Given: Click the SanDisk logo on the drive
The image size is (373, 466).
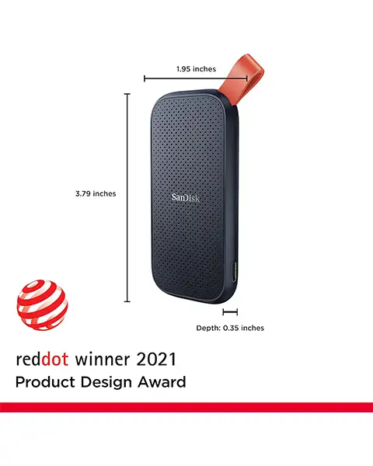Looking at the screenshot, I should (186, 197).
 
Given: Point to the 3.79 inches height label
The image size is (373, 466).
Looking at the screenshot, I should (96, 193).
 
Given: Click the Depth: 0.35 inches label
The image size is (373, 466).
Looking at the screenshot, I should (230, 328).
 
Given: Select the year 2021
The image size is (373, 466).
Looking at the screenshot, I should (155, 359).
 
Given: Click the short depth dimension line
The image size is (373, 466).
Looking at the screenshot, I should (229, 313).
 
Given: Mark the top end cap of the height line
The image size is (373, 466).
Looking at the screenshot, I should (127, 94).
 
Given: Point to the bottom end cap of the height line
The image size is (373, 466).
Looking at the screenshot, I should (127, 302).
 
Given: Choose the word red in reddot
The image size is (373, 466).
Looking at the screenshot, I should (27, 359).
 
